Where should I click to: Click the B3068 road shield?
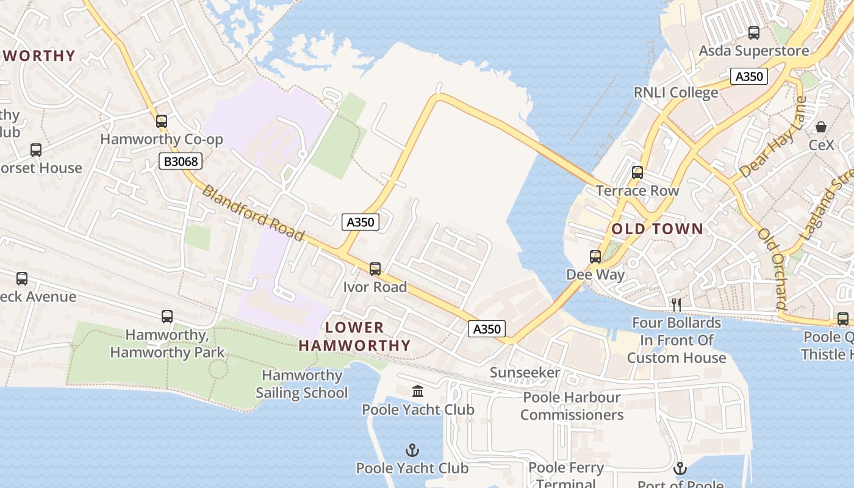(x=180, y=161)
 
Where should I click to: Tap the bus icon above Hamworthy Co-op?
(x=161, y=121)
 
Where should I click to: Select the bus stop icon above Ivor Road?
(x=375, y=268)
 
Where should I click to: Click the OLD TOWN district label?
(x=657, y=229)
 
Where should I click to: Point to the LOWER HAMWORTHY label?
(x=354, y=337)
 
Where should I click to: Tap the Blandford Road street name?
(x=253, y=213)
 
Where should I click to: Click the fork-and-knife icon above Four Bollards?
(x=676, y=304)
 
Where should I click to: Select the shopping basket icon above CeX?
(x=821, y=127)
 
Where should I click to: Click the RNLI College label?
(x=676, y=93)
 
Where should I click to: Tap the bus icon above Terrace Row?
(x=637, y=173)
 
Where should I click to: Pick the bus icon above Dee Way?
(x=595, y=256)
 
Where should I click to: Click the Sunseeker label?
(x=525, y=373)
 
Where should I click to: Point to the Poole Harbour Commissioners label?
(x=572, y=406)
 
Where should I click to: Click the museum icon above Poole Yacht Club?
(x=418, y=391)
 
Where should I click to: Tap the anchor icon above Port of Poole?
(x=680, y=468)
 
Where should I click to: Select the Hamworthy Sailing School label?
(x=302, y=384)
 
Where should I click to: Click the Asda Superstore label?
(x=754, y=51)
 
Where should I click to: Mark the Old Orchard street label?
(x=772, y=268)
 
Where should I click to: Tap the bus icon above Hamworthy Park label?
(x=167, y=317)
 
